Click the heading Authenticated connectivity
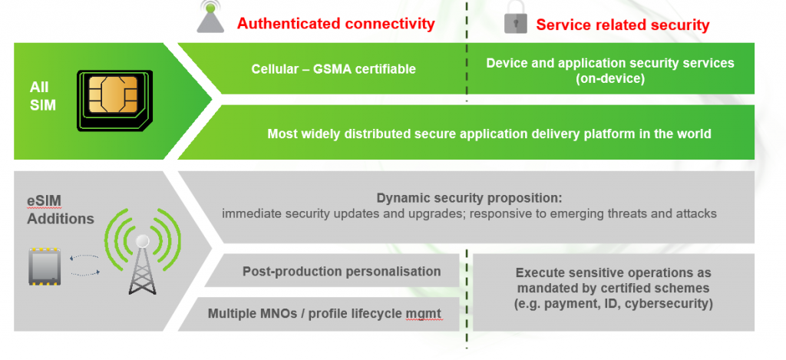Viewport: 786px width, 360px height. (335, 24)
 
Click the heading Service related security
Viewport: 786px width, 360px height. (623, 25)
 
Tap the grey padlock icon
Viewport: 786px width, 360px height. (515, 18)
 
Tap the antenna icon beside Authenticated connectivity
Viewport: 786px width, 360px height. (210, 17)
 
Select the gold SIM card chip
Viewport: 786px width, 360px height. (113, 94)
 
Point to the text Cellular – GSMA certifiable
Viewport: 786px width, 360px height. (333, 68)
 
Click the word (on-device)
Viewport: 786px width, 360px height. (610, 79)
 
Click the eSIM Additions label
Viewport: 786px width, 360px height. (60, 210)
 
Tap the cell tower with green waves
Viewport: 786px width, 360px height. (142, 251)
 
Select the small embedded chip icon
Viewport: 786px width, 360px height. (45, 266)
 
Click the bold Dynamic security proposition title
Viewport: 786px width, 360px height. (470, 197)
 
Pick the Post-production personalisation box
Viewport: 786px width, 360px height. (332, 271)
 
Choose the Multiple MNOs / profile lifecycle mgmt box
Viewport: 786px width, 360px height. (319, 315)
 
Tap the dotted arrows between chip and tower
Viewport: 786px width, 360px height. (84, 266)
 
